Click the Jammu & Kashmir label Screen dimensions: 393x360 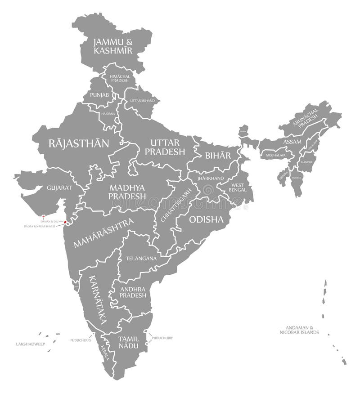click(x=113, y=46)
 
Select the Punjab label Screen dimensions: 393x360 click(x=99, y=95)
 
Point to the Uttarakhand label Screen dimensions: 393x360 click(x=142, y=101)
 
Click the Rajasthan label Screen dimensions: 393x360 click(x=79, y=144)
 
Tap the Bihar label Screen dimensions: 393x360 click(x=218, y=156)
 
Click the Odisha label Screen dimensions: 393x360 click(x=206, y=219)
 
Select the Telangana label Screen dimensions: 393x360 click(x=141, y=259)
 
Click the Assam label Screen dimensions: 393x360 click(x=292, y=142)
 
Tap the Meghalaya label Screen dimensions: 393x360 click(x=276, y=155)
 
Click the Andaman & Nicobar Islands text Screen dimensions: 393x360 click(x=299, y=330)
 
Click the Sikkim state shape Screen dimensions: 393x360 click(x=243, y=131)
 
